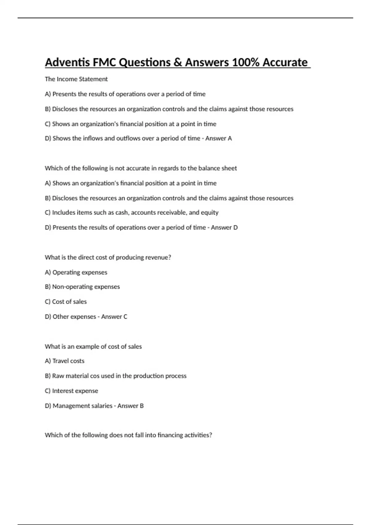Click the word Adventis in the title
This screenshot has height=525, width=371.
click(x=65, y=62)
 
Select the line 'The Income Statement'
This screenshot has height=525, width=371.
click(x=76, y=79)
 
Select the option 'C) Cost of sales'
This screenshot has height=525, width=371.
click(x=66, y=302)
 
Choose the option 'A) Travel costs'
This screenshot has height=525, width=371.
click(x=65, y=361)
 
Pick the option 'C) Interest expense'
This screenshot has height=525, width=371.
click(x=71, y=391)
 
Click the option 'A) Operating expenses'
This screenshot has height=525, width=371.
click(x=76, y=272)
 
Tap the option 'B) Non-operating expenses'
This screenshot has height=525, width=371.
click(x=82, y=287)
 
